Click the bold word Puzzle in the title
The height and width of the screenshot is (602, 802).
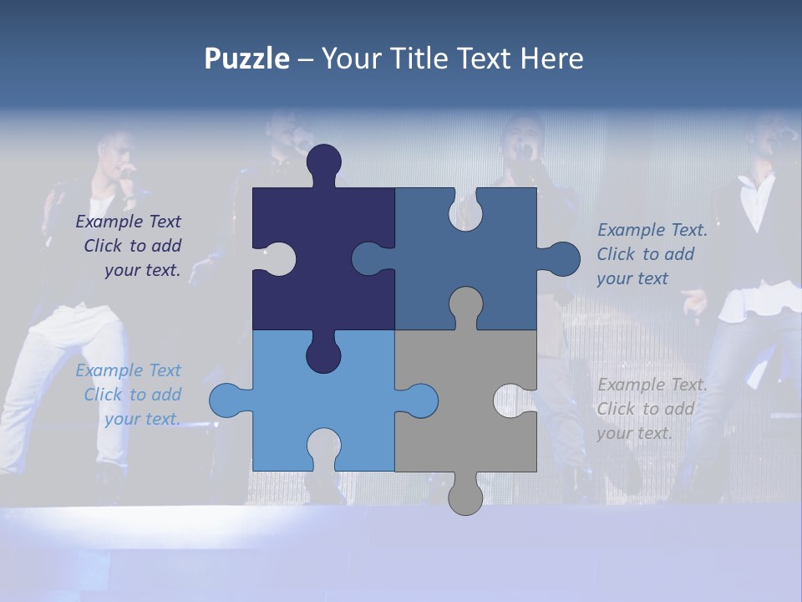(246, 59)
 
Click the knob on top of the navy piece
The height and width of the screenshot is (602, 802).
(324, 163)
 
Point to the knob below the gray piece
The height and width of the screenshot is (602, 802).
(465, 497)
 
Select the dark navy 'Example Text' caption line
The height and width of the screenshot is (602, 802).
(128, 222)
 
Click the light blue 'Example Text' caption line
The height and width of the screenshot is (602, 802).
(128, 370)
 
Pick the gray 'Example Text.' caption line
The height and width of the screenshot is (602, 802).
(652, 385)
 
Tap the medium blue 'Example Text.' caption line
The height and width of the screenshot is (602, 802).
(652, 230)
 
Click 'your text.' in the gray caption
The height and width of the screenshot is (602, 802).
(634, 433)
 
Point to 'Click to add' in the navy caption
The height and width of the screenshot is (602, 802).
(132, 246)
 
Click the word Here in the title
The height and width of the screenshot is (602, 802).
(551, 59)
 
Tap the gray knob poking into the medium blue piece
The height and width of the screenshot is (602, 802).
(465, 305)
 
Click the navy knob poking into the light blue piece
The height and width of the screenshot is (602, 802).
(323, 355)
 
